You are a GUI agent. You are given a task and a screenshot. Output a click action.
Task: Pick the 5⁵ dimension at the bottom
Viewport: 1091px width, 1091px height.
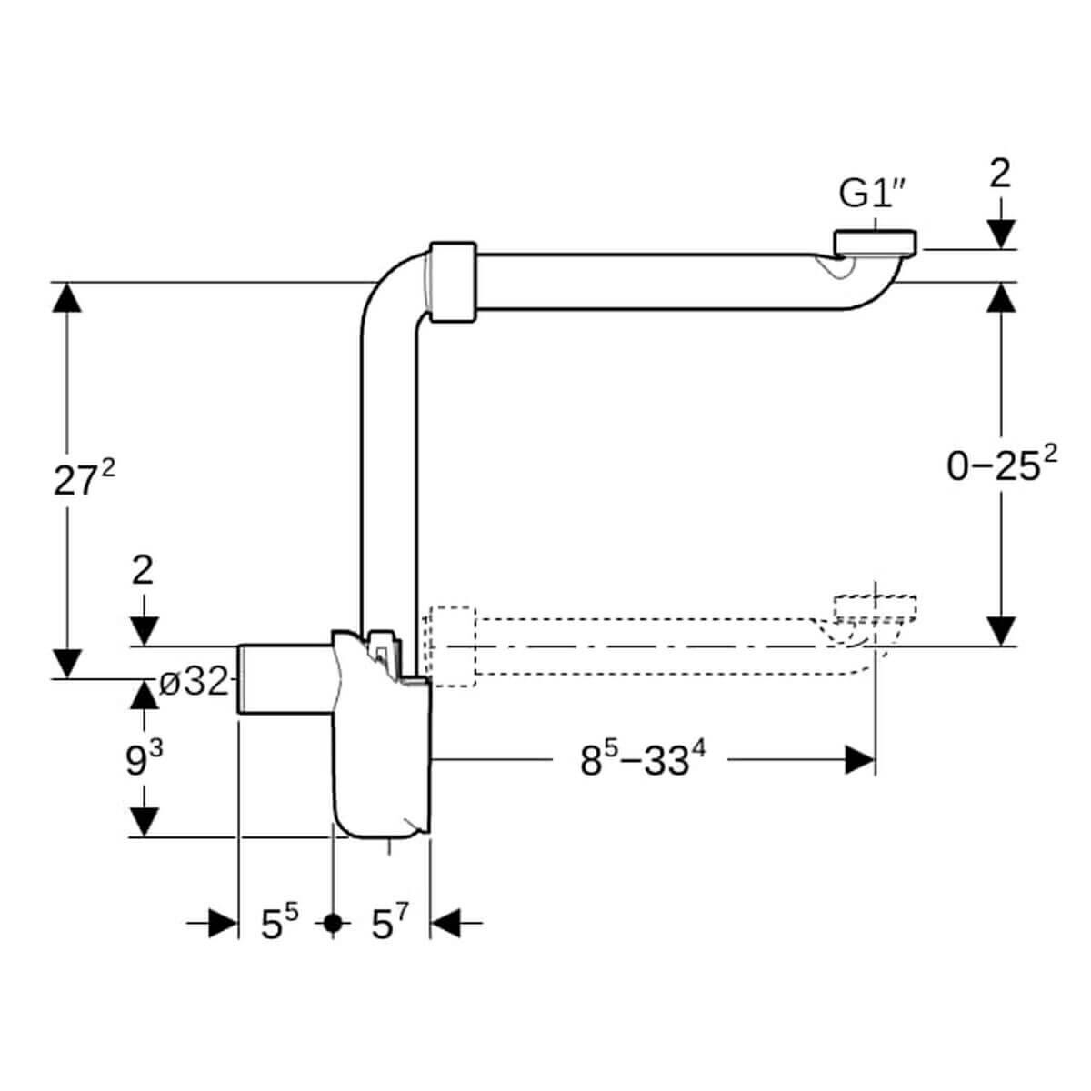[x=280, y=925]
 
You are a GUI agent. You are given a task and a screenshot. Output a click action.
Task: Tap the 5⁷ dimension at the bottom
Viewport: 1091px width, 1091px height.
[x=389, y=925]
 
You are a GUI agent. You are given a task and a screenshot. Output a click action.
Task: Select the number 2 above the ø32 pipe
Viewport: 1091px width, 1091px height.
[x=143, y=569]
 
